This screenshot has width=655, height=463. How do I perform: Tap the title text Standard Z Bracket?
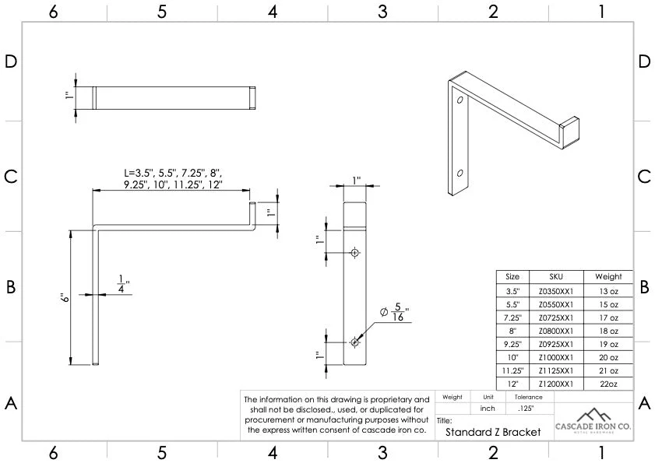coord(493,432)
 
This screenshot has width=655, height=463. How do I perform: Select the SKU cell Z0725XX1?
coord(555,317)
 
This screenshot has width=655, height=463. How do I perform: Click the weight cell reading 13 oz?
coord(608,290)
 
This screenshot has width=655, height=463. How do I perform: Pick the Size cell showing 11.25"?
coord(512,370)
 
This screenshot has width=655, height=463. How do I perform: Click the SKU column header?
coord(555,276)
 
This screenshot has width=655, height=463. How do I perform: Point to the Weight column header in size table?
coord(608,276)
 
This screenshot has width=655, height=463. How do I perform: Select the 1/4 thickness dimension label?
coord(122,284)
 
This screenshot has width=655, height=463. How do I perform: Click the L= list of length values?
coord(172,178)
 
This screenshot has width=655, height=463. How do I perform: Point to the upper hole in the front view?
coord(355,253)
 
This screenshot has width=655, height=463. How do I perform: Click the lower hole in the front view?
coord(355,342)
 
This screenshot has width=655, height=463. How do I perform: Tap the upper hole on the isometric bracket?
coord(460,102)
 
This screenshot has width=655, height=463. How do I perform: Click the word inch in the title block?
coord(488,408)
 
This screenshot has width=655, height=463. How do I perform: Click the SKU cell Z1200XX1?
coord(555,384)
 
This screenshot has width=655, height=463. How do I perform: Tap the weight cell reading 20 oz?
coord(608,357)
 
